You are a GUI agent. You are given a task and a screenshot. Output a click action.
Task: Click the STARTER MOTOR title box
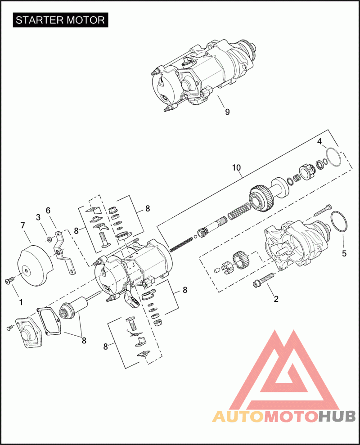click(61, 20)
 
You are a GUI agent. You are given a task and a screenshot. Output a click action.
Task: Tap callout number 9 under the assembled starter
click(227, 112)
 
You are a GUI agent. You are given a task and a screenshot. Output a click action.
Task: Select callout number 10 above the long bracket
click(237, 168)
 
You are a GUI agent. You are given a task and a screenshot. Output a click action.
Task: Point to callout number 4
click(319, 142)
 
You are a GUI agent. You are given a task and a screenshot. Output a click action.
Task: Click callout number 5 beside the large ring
click(344, 253)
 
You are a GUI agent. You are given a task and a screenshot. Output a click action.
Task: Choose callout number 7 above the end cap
click(23, 225)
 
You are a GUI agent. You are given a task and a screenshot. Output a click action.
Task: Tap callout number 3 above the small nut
click(39, 217)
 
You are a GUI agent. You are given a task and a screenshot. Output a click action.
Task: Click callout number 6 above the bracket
click(48, 210)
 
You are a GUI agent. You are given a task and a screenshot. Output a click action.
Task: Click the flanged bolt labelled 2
click(264, 280)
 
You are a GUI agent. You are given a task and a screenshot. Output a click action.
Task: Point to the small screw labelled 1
click(9, 281)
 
